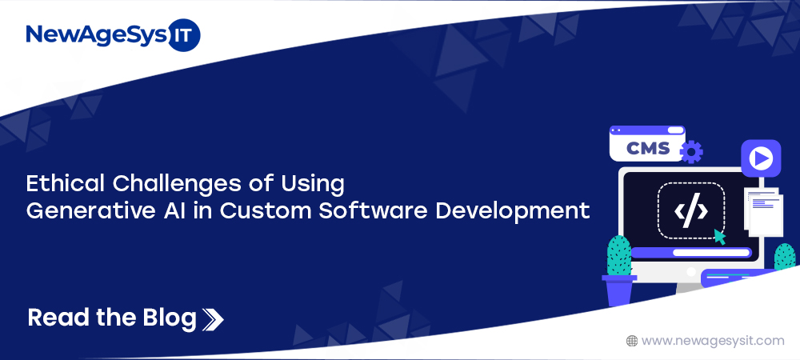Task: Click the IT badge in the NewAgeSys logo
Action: click(184, 35)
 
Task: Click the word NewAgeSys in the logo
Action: click(97, 35)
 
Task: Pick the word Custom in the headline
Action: click(265, 210)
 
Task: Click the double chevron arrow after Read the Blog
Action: click(213, 319)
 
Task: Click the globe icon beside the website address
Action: click(632, 341)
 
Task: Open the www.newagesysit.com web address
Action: click(713, 341)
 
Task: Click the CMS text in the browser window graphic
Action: click(648, 148)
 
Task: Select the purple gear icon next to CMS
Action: click(691, 151)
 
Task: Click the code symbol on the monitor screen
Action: click(691, 210)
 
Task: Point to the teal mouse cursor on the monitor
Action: click(720, 237)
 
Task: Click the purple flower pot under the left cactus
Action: click(619, 290)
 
